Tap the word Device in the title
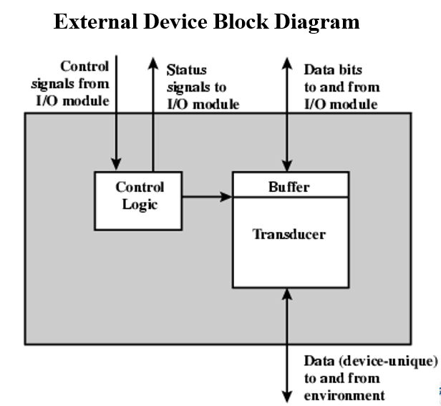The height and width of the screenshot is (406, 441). point(175,22)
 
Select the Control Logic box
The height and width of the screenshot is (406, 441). point(140,201)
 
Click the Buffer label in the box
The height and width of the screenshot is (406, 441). point(289,187)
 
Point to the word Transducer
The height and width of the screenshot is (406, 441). point(289,234)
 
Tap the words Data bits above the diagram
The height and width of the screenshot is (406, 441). point(333,69)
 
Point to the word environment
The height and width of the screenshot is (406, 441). point(344,395)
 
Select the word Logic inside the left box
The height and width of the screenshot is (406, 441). point(140,204)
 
